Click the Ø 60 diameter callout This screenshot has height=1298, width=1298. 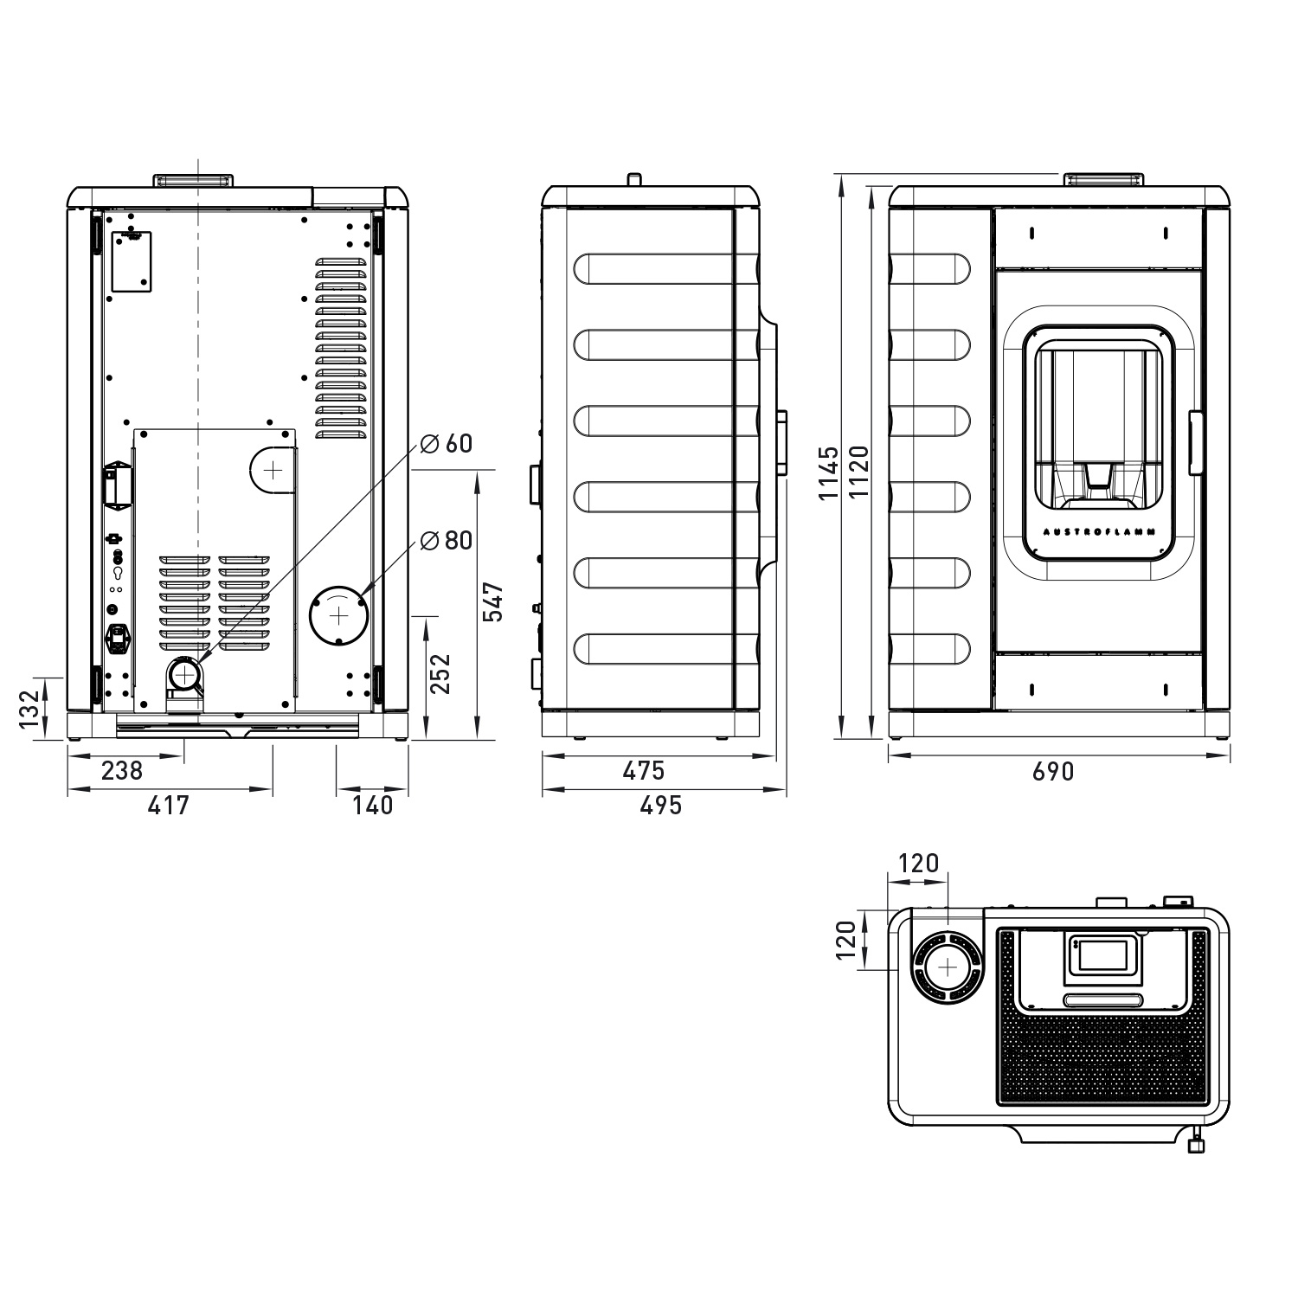pos(447,444)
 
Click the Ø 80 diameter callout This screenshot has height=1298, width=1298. pos(447,541)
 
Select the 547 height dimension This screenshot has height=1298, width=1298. pos(492,602)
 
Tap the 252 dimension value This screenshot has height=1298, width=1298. pos(440,673)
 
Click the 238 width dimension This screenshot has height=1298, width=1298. pos(122,770)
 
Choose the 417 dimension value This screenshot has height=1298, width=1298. pos(168,805)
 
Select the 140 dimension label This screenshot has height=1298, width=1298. pos(373,805)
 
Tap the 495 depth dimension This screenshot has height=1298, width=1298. pos(661,805)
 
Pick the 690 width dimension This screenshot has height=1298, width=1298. pos(1053,771)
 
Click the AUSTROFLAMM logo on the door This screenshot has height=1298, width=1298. pos(1099,532)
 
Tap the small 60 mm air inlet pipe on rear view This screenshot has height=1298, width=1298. pos(185,672)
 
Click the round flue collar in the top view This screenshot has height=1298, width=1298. pos(948,967)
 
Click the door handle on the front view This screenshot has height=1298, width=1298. pos(1196,443)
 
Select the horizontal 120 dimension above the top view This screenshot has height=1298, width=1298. pos(918,864)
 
